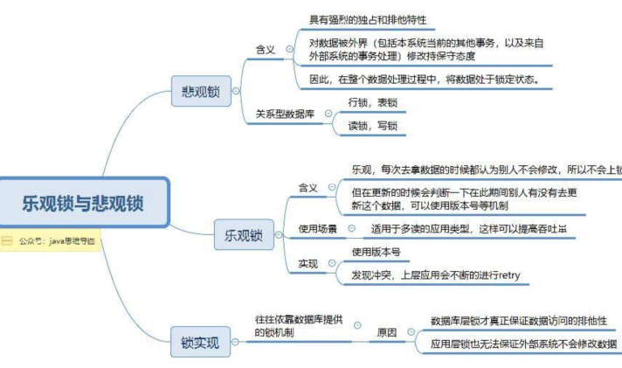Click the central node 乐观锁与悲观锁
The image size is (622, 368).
pyautogui.click(x=83, y=203)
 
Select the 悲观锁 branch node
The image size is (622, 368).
pyautogui.click(x=201, y=90)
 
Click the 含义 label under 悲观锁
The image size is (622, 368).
pyautogui.click(x=265, y=50)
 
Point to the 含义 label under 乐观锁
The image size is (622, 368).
pyautogui.click(x=308, y=188)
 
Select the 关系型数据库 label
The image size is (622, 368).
pyautogui.click(x=284, y=114)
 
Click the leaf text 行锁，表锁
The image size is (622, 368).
pyautogui.click(x=366, y=103)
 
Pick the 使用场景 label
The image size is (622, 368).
pyautogui.click(x=317, y=228)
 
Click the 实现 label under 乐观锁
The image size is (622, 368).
pyautogui.click(x=308, y=263)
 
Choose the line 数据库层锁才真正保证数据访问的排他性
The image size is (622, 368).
pyautogui.click(x=518, y=321)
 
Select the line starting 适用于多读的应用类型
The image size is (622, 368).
pyautogui.click(x=463, y=228)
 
